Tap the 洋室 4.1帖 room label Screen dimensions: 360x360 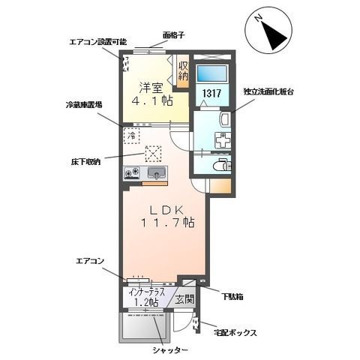tap(152, 94)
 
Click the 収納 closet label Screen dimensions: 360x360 tap(183, 70)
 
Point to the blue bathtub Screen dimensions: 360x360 tap(211, 73)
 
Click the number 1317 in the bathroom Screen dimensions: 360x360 tap(211, 94)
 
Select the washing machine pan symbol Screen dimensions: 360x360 tap(223, 140)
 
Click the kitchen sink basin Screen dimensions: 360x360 tap(156, 172)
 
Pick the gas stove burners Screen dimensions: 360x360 tap(132, 172)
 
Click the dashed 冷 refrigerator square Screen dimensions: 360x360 tap(131, 136)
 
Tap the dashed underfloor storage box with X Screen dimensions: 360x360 tap(153, 154)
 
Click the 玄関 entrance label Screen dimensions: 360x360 tap(184, 299)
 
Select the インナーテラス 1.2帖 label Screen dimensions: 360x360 tap(147, 297)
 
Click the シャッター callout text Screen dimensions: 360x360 tap(170, 350)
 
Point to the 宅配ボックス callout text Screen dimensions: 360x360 tap(235, 333)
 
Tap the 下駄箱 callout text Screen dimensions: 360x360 tap(232, 297)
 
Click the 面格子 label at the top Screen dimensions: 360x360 tap(174, 35)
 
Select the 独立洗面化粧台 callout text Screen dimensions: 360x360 tap(268, 91)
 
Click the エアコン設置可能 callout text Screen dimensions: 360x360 tap(98, 42)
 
